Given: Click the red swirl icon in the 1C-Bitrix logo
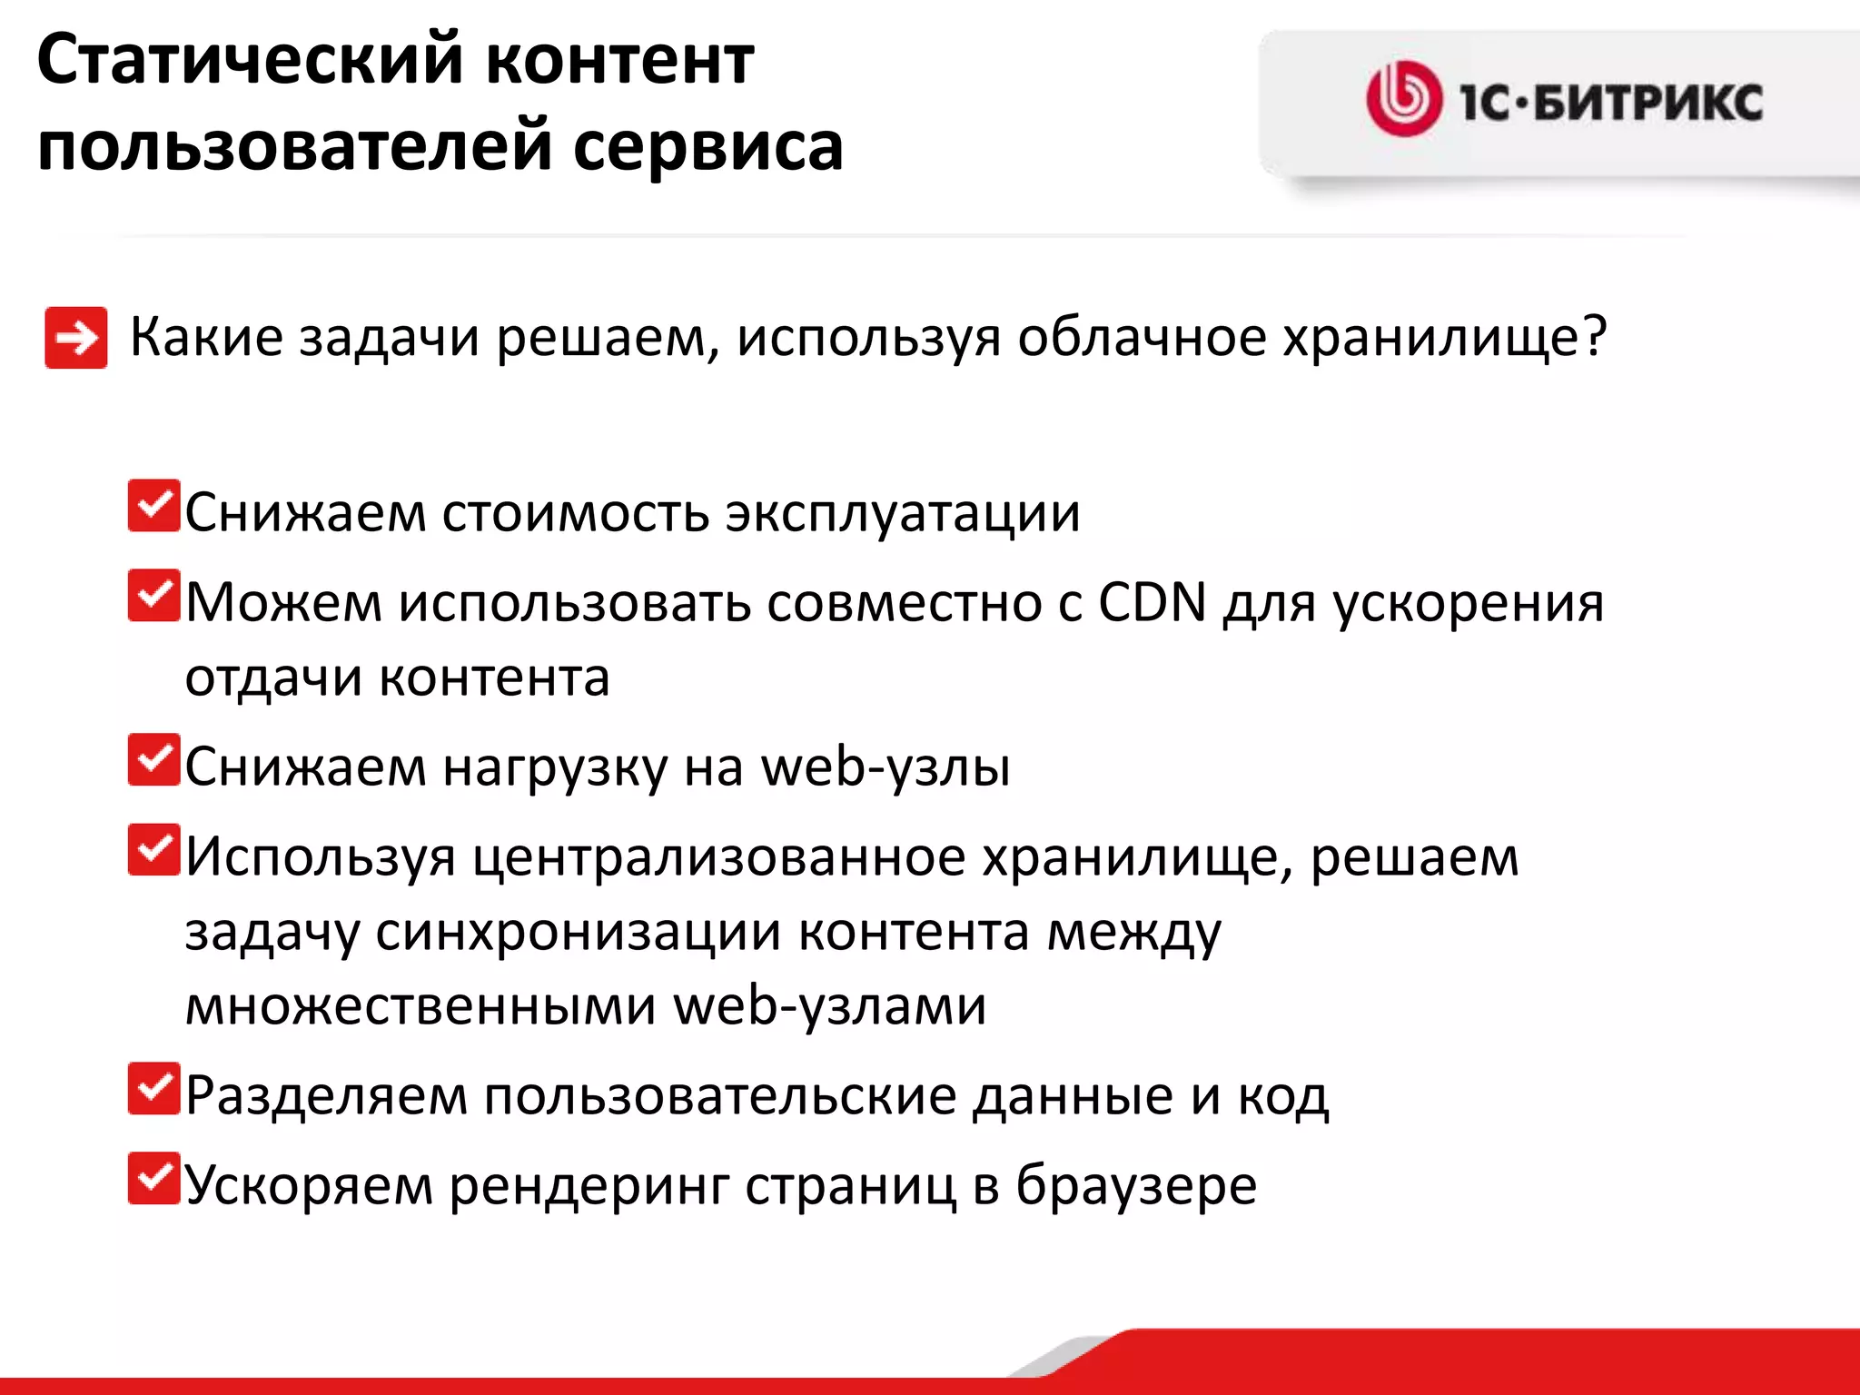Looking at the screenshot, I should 1403,99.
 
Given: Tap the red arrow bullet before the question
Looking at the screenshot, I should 76,338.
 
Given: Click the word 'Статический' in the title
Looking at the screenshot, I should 248,60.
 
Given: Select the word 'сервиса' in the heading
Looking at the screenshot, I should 708,146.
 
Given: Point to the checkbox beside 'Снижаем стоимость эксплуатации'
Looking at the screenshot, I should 153,506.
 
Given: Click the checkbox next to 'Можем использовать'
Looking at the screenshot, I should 153,595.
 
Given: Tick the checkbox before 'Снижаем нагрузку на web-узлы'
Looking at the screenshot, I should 153,759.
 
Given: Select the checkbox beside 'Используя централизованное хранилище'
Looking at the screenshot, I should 153,849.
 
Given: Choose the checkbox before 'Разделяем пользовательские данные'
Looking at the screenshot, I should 153,1088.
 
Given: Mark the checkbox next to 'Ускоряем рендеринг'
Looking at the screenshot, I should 153,1178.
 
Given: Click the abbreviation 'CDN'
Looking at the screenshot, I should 1152,602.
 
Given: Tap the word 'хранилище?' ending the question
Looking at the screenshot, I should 1444,338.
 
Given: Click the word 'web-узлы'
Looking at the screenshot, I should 885,767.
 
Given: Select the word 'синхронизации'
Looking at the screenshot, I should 579,933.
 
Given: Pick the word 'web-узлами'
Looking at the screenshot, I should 830,1006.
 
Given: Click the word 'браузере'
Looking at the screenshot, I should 1136,1185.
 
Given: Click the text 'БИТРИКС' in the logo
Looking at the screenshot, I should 1647,102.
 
